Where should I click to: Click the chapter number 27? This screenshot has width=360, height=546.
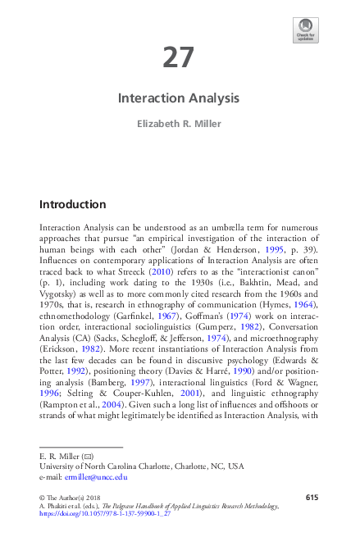(179, 58)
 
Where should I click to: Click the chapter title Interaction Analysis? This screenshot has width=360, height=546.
(179, 98)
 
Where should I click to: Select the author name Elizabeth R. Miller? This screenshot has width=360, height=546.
(179, 126)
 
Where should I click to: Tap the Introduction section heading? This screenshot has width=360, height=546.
(72, 204)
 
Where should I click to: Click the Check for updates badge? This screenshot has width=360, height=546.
(305, 30)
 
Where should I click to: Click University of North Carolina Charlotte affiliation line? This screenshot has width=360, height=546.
(142, 466)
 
